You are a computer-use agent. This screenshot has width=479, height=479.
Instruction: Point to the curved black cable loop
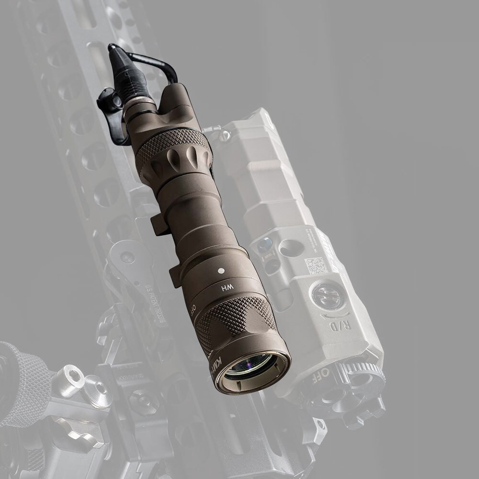coord(153,60)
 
